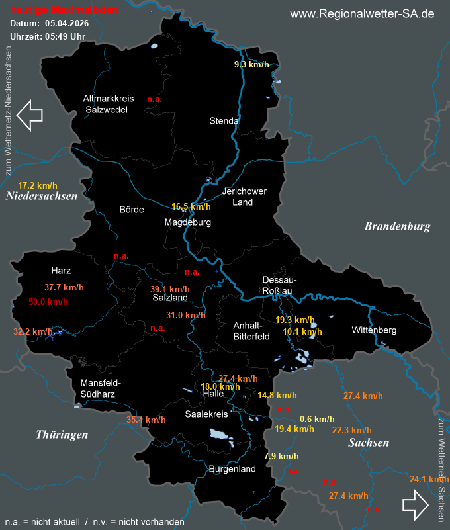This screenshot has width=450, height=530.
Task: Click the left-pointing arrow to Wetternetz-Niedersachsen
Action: (x=29, y=114)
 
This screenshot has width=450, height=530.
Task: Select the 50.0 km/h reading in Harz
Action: (x=48, y=302)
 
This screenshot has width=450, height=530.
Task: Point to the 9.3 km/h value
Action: (x=251, y=65)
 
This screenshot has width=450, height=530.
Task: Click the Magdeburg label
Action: (x=188, y=222)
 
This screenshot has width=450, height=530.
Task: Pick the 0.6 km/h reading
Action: (x=317, y=419)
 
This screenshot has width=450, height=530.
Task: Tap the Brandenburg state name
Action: (x=397, y=226)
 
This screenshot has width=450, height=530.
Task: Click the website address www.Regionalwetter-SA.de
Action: (x=362, y=14)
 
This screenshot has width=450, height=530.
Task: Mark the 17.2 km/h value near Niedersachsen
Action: (x=38, y=185)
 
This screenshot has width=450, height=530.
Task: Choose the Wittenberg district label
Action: (x=374, y=330)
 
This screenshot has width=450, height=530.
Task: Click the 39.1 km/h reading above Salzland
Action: (x=169, y=289)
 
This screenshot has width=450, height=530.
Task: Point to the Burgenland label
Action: (x=232, y=469)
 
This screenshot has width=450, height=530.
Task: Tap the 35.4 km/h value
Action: (x=146, y=420)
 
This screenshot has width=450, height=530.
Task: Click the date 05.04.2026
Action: (x=67, y=24)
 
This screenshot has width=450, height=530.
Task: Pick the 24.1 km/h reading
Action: (x=429, y=480)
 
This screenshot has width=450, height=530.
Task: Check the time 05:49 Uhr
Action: (x=65, y=36)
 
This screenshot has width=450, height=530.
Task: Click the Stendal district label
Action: (x=224, y=121)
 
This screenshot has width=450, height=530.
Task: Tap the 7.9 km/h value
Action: (x=281, y=456)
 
